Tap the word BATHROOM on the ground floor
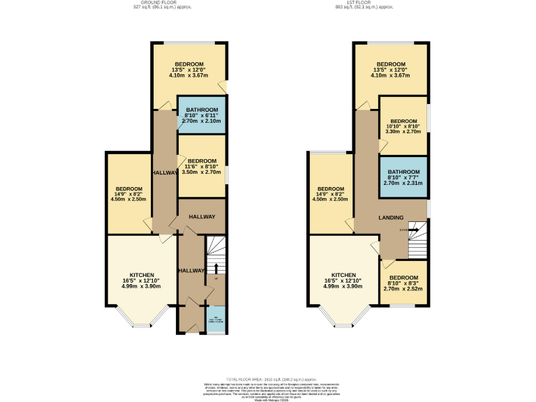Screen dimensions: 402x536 click(201, 109)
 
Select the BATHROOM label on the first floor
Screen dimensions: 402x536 click(403, 172)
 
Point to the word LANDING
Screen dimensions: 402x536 click(391, 218)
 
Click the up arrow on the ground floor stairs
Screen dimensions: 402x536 click(216, 268)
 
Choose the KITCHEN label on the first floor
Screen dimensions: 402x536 click(344, 275)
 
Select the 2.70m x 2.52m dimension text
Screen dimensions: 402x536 click(404, 288)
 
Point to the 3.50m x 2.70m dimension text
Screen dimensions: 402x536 click(202, 172)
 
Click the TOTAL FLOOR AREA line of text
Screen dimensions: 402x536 click(268, 376)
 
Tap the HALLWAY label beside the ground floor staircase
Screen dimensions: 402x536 click(191, 271)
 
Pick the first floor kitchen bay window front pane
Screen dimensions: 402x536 click(344, 326)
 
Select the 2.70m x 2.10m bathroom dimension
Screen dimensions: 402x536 click(201, 121)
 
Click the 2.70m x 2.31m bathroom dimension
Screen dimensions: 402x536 click(403, 184)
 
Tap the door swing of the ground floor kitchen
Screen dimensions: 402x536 click(166, 239)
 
